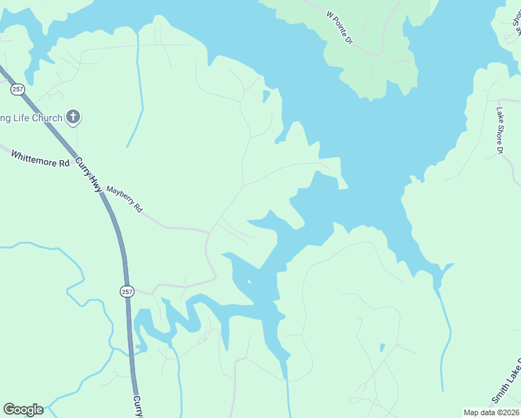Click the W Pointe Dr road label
click(x=340, y=26)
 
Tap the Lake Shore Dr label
click(x=499, y=130)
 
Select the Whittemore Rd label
click(x=40, y=157)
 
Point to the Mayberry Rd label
click(x=124, y=199)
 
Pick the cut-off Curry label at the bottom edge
click(x=138, y=406)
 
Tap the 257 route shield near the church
click(x=17, y=88)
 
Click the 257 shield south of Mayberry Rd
click(x=126, y=291)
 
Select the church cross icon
click(x=72, y=117)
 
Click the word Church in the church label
click(x=47, y=118)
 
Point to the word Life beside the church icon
click(x=19, y=118)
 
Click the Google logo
click(x=23, y=410)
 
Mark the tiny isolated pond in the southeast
click(x=382, y=347)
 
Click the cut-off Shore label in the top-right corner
click(x=517, y=21)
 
